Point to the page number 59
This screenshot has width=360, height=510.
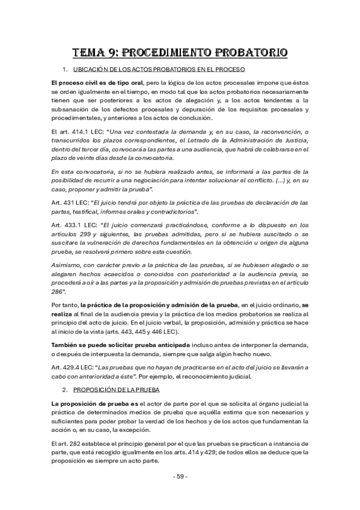[180, 476]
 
